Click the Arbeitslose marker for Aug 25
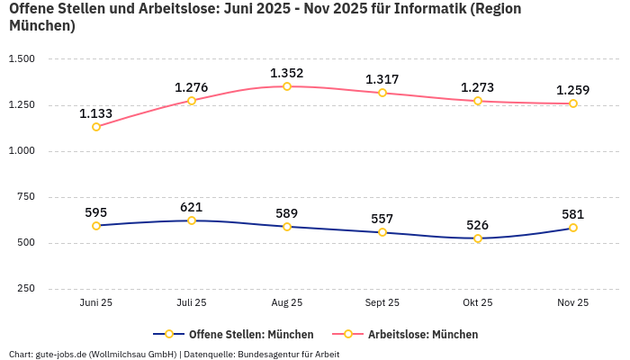point(287,86)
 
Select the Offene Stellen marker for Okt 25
point(478,238)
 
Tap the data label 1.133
point(96,113)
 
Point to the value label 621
point(192,207)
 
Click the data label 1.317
point(382,79)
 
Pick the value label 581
point(573,214)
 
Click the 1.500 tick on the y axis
point(21,59)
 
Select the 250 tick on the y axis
point(26,289)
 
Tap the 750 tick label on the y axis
point(26,197)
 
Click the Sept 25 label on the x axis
point(382,303)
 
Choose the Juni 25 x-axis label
point(96,303)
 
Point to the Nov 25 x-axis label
point(573,303)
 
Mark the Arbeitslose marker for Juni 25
point(96,127)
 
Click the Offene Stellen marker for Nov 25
point(573,228)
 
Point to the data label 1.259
point(573,90)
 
